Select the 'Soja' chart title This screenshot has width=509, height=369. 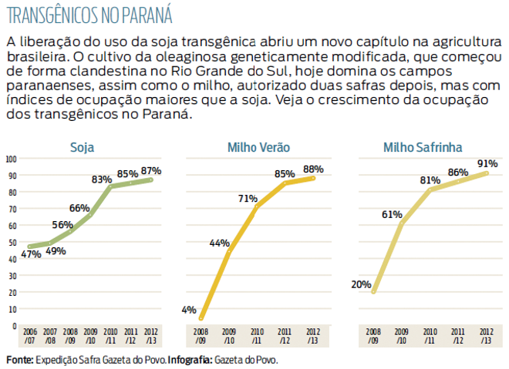(83, 147)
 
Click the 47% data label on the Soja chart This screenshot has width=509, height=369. (32, 255)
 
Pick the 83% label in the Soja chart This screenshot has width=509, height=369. (102, 179)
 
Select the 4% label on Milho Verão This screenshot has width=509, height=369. (189, 310)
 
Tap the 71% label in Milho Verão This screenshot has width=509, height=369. (248, 199)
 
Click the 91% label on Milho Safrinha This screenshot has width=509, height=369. (487, 163)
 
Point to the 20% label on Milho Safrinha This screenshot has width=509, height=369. (361, 284)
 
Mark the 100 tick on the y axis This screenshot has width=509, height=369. (11, 159)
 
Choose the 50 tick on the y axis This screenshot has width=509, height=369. (12, 242)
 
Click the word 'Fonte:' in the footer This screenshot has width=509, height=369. (19, 360)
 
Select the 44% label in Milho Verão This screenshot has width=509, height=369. (220, 243)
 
